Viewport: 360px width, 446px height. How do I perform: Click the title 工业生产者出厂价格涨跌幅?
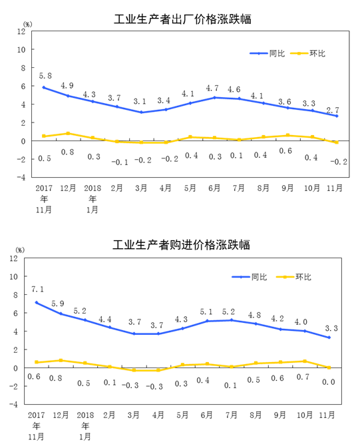pos(182,19)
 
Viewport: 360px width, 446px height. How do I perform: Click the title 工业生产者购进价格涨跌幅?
pos(182,244)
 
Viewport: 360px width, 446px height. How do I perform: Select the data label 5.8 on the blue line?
pos(45,76)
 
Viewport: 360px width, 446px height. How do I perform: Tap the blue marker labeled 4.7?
pos(215,98)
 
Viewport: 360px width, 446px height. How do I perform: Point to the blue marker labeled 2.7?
pos(337,116)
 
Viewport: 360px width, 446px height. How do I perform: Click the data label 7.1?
pos(37,290)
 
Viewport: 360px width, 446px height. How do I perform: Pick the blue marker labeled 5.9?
pos(61,314)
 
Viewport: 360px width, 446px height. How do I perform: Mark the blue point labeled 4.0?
pos(305,331)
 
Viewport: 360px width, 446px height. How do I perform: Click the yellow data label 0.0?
pos(329,382)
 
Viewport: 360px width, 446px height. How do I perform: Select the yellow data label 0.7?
pos(303,377)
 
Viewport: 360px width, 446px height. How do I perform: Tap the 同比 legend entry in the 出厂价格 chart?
pos(268,53)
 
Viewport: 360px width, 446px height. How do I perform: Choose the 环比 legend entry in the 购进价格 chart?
pos(293,277)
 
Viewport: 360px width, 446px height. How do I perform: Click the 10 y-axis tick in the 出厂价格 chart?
pos(21,49)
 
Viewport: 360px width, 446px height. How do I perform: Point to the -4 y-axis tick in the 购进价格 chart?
pos(13,404)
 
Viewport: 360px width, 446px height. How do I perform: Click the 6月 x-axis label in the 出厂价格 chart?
pos(214,188)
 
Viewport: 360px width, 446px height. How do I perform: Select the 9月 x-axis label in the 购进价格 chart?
pos(279,415)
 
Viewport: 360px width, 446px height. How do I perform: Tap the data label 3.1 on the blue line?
pos(140,101)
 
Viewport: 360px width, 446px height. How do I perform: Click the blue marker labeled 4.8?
pos(256,324)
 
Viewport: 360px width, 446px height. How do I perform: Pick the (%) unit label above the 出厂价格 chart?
pos(27,25)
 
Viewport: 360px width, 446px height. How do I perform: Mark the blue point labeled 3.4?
pos(166,110)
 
